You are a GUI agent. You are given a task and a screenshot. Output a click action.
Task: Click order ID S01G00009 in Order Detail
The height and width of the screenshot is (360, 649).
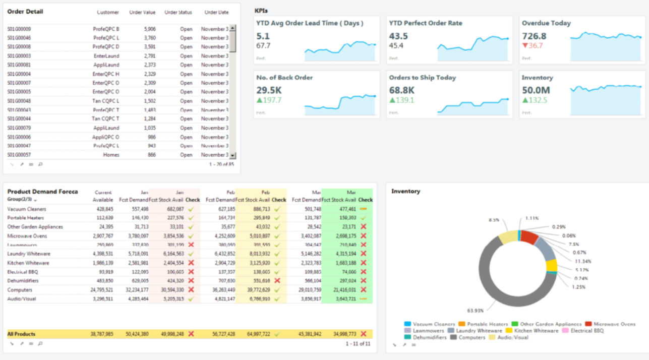click(19, 29)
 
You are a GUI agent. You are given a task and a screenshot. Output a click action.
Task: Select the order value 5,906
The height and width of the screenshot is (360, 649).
click(150, 29)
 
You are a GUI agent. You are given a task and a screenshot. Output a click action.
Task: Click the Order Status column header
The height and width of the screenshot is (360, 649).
click(178, 12)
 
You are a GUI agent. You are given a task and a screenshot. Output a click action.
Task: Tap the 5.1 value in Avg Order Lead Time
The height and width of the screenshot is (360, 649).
click(263, 36)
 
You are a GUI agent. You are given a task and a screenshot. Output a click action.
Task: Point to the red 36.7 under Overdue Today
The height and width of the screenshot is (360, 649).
click(533, 46)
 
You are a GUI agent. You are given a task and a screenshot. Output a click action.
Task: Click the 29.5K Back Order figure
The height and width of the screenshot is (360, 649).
click(269, 90)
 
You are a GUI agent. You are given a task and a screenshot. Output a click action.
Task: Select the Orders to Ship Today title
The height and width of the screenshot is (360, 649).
click(422, 78)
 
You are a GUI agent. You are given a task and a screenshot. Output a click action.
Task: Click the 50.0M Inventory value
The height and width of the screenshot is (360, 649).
click(536, 90)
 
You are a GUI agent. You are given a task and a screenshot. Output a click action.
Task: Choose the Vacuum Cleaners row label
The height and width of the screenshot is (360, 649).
click(27, 209)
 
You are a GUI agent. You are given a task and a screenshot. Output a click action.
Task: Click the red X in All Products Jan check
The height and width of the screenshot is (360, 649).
click(191, 334)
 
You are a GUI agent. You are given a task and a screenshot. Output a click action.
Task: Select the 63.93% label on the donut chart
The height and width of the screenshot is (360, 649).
click(475, 311)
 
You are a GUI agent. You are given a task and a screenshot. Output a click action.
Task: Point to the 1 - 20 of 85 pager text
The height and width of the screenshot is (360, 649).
click(221, 164)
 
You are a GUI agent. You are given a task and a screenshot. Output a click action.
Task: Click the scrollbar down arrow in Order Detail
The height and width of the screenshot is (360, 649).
click(232, 156)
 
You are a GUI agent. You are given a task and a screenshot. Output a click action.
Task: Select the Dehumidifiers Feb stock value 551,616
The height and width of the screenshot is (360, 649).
click(262, 281)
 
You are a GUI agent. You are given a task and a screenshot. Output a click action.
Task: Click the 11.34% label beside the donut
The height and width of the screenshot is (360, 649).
click(583, 261)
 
